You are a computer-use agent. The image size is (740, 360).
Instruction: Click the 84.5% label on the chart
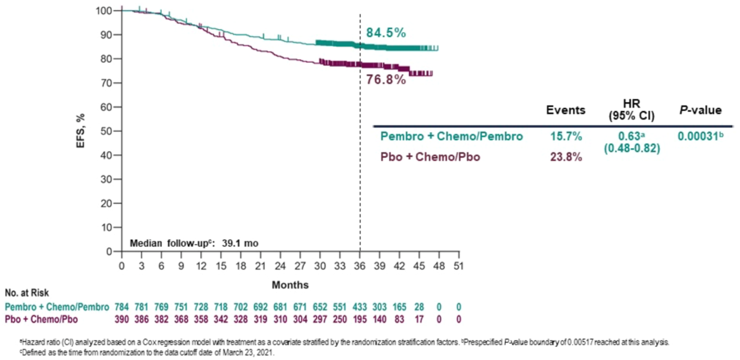pos(385,33)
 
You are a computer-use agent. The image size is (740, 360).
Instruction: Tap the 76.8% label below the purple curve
pos(385,79)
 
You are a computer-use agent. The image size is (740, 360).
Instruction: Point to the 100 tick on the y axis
pos(104,11)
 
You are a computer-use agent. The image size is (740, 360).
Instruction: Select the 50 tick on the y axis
pos(106,131)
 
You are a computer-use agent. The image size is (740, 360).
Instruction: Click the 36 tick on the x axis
pos(359,266)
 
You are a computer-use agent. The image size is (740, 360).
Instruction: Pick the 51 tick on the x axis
pos(459,266)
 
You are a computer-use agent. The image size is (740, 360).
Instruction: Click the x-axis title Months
pos(290,285)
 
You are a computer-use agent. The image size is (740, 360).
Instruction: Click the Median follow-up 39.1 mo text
pos(193,243)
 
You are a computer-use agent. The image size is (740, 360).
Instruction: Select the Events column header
pos(565,110)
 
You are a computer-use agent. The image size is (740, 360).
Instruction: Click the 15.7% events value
pos(566,137)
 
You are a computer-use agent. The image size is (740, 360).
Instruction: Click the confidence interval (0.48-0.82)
pos(632,149)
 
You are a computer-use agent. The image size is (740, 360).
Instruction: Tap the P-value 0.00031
pos(698,137)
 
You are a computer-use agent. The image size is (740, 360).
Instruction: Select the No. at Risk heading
pos(27,293)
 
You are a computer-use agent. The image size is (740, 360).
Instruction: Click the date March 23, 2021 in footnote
pos(253,353)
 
